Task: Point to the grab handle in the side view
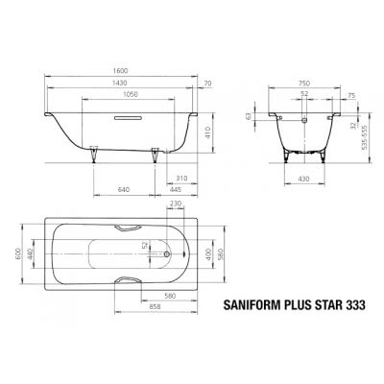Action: tap(129, 119)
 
